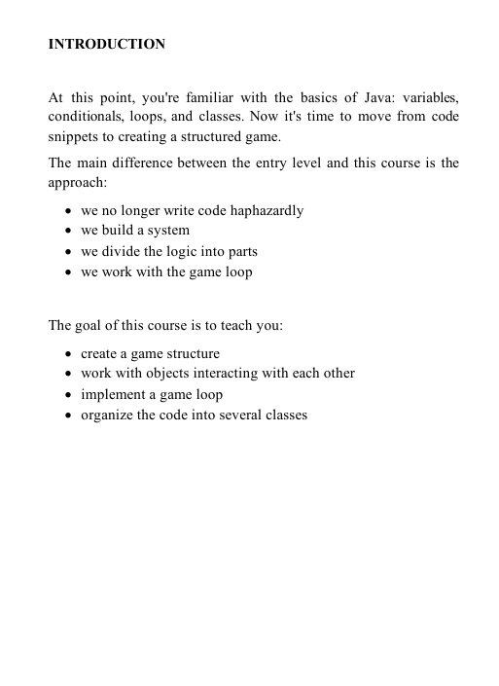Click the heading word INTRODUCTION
tap(106, 45)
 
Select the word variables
tap(426, 98)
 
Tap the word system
tap(167, 231)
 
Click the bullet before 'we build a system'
tap(64, 232)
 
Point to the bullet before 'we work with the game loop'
tap(64, 272)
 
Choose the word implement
tap(113, 394)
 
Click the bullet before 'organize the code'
tap(64, 415)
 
